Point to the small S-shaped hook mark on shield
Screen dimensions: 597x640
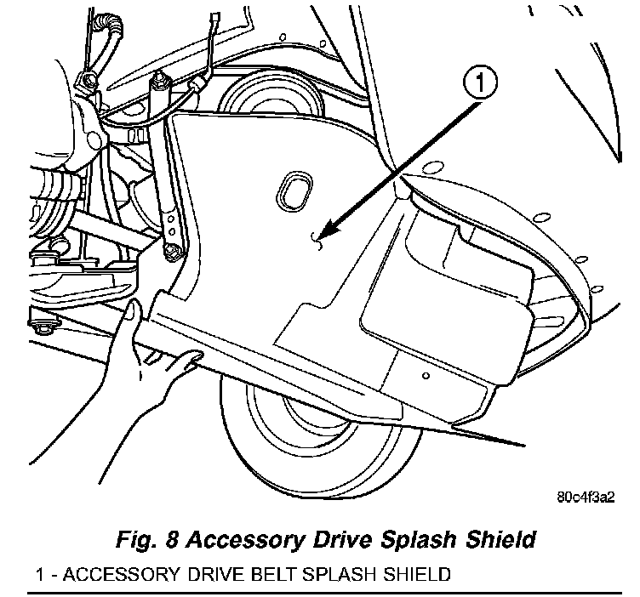(x=316, y=244)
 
